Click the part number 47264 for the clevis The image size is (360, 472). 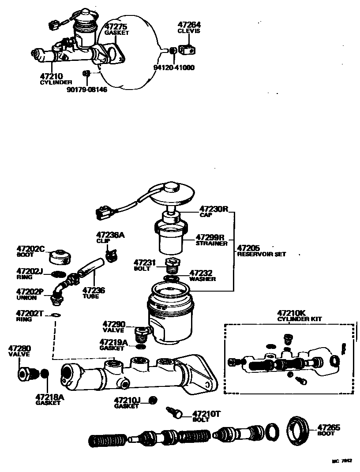click(189, 25)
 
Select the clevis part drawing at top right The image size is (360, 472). click(188, 50)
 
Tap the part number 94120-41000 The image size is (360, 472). click(173, 67)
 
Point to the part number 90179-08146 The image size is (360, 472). click(87, 90)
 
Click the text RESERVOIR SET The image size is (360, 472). click(261, 255)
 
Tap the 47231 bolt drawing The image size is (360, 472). click(172, 266)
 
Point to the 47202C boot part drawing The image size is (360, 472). click(58, 256)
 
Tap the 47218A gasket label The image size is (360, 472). click(49, 399)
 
